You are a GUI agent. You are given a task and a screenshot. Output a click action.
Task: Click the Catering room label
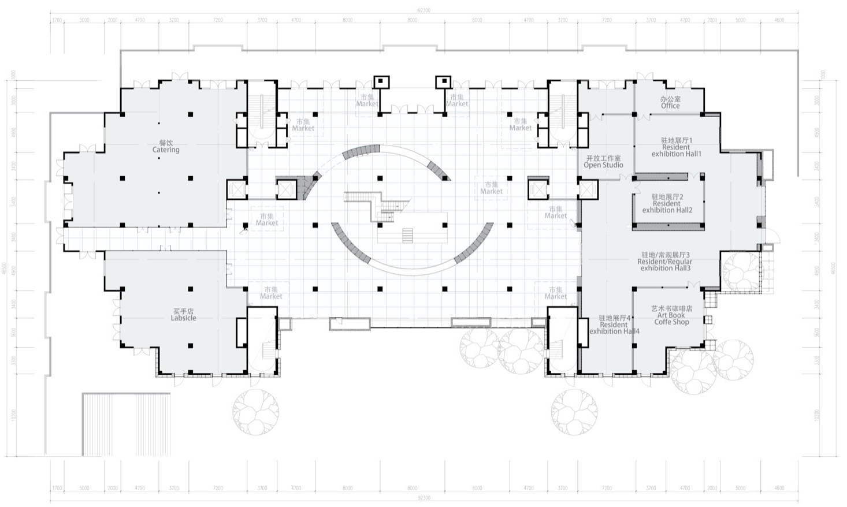(166, 147)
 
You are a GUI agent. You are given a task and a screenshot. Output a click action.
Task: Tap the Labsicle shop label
(183, 315)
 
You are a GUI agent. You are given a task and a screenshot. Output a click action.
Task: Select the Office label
(670, 103)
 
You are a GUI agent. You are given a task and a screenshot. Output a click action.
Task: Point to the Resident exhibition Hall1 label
(676, 147)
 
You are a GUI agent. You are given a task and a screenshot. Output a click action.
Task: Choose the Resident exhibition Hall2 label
(667, 203)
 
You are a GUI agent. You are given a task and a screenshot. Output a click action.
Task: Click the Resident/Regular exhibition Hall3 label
(664, 262)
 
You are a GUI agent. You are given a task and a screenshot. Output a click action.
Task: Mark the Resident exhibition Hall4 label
(614, 325)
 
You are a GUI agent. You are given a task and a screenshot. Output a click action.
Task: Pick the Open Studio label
(603, 162)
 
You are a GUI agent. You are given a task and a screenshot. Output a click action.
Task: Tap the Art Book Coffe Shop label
(671, 315)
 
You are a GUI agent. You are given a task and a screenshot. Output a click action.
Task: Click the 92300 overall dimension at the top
(423, 10)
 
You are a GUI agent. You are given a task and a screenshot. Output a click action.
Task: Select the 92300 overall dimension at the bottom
(423, 498)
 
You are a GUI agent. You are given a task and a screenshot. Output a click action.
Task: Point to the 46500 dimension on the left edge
(5, 271)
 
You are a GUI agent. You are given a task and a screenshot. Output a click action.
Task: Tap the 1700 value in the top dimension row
(57, 20)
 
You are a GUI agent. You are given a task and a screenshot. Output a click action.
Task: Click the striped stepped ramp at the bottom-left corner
(126, 424)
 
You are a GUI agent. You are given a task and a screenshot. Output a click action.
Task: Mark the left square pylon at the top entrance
(381, 81)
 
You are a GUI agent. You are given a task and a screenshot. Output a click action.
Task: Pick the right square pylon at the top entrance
(443, 81)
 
